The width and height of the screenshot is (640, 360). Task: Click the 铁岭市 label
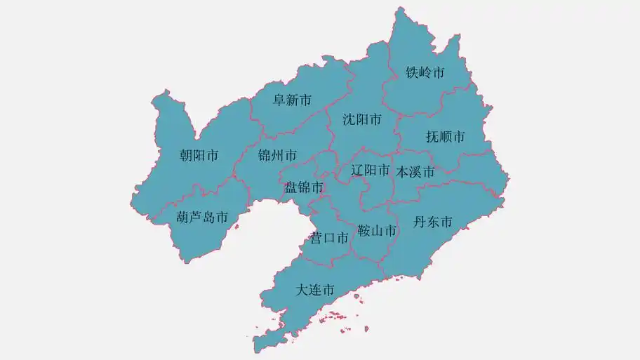(x=425, y=73)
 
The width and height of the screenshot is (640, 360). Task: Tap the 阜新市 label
(x=292, y=100)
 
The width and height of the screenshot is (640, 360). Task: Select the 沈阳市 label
(x=362, y=120)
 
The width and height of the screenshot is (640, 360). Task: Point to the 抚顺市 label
(x=446, y=137)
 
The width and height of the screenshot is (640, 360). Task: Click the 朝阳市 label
(x=199, y=156)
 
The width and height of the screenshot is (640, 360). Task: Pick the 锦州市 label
(x=277, y=155)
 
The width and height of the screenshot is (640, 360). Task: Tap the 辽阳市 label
(x=371, y=170)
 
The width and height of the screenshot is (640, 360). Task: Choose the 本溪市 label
(x=415, y=172)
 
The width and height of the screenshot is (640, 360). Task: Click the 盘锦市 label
(x=304, y=187)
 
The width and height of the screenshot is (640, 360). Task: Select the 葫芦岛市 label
(x=202, y=218)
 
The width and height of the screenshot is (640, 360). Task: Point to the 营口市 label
(x=330, y=239)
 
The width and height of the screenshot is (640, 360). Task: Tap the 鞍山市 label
(x=377, y=231)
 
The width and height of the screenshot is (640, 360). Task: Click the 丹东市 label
(x=432, y=223)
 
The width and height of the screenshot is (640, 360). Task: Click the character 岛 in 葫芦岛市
(x=208, y=218)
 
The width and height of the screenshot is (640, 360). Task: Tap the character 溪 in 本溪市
(x=415, y=172)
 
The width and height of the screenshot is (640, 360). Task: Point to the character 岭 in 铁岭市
(x=425, y=73)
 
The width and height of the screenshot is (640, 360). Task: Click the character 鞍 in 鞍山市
(x=364, y=231)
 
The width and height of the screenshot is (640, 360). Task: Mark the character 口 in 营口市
(x=330, y=239)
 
